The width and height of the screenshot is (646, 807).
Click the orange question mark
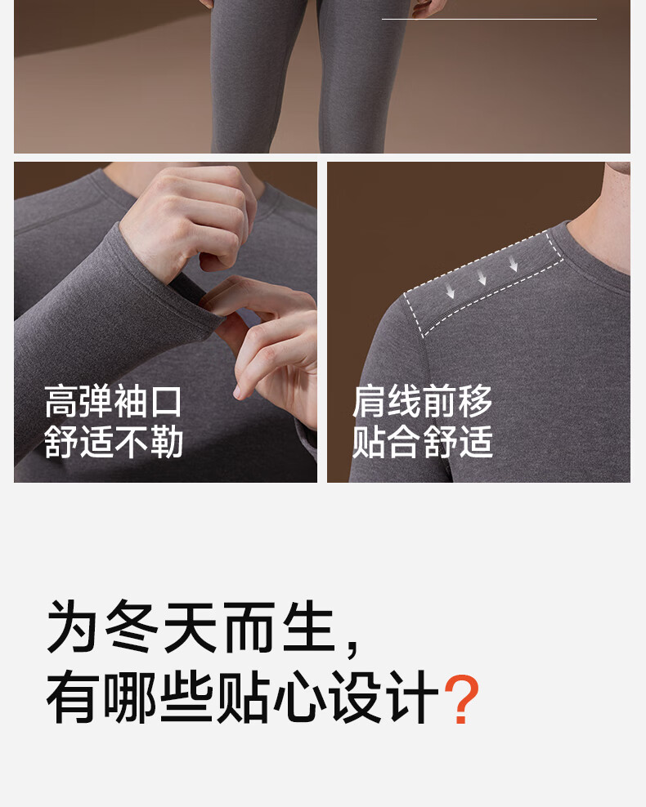(x=462, y=698)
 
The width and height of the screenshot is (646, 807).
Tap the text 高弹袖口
(x=114, y=402)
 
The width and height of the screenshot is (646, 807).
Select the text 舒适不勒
(x=114, y=442)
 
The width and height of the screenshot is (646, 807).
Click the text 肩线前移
(x=423, y=402)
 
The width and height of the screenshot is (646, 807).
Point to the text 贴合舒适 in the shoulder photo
(x=423, y=442)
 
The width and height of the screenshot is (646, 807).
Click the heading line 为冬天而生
(x=191, y=626)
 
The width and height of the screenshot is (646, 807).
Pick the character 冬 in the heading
(x=132, y=626)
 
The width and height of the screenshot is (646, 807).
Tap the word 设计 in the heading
(x=384, y=698)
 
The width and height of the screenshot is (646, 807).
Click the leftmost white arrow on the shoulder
(x=451, y=292)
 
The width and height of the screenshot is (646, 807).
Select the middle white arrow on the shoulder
(x=482, y=278)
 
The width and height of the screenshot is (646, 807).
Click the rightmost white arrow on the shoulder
(x=513, y=265)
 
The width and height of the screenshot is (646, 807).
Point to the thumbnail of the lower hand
(x=237, y=393)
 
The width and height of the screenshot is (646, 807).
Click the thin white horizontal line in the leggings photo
(x=489, y=19)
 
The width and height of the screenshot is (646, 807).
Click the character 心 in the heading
(x=299, y=698)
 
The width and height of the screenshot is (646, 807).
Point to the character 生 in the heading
(x=310, y=626)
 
